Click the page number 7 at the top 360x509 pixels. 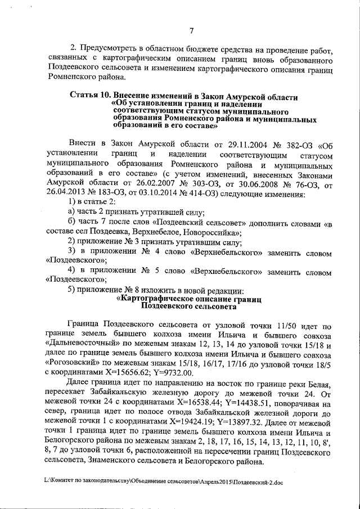click(191, 30)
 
